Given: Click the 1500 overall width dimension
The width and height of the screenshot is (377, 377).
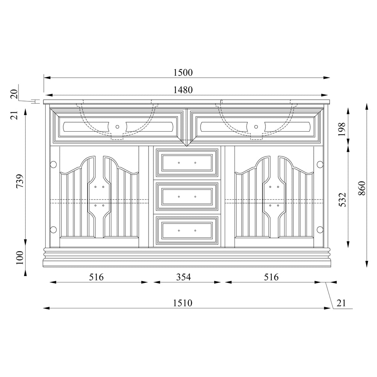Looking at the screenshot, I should pos(183,73).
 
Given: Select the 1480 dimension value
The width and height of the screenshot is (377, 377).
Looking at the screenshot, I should pos(183,90).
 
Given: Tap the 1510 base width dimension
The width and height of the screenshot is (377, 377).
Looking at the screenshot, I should pos(183,303).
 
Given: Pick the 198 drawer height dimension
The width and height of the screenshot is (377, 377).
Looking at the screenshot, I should pos(342,129).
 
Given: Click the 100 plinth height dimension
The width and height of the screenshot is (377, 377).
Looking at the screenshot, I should pos(20,258).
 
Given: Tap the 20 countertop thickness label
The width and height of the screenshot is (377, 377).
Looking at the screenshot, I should pos(14,94).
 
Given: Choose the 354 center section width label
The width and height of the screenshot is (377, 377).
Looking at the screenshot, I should pos(184,277).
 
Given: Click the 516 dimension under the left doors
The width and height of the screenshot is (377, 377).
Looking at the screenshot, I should pos(96,277).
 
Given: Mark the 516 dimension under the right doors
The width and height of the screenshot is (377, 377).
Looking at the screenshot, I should pos(271,277).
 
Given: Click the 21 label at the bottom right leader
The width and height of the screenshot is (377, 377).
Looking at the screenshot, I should pos(341,303).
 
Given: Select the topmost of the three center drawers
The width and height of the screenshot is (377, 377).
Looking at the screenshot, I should pos(187,162).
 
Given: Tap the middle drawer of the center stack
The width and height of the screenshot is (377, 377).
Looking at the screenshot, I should pos(187,196).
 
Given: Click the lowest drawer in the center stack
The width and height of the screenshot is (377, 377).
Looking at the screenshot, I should pos(187,230).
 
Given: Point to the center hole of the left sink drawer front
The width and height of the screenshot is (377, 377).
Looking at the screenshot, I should pos(118,127).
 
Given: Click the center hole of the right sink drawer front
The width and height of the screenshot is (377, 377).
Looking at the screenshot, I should pos(256,127).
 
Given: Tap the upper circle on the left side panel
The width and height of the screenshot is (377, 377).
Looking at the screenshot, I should pos(53,164).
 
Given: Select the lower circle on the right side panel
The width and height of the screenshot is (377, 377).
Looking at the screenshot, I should pos(320,229).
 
